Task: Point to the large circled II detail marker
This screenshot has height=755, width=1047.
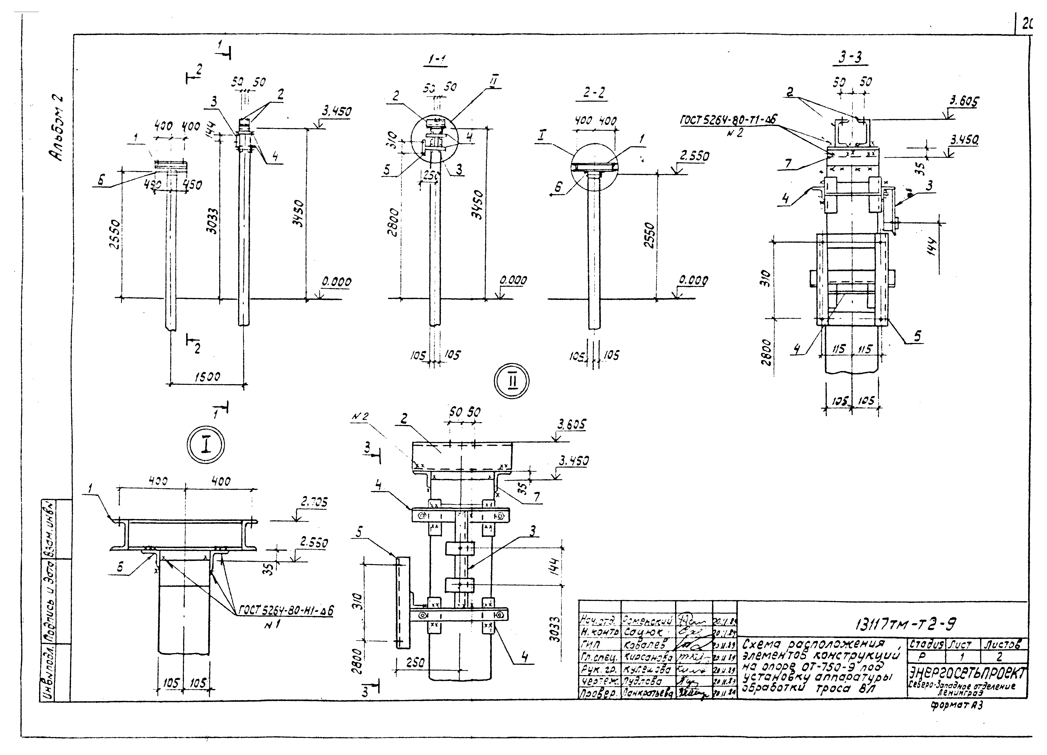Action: [x=512, y=382]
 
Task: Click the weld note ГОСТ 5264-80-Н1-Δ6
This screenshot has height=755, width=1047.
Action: [x=286, y=610]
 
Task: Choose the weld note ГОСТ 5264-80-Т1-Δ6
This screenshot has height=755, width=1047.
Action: [x=728, y=120]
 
